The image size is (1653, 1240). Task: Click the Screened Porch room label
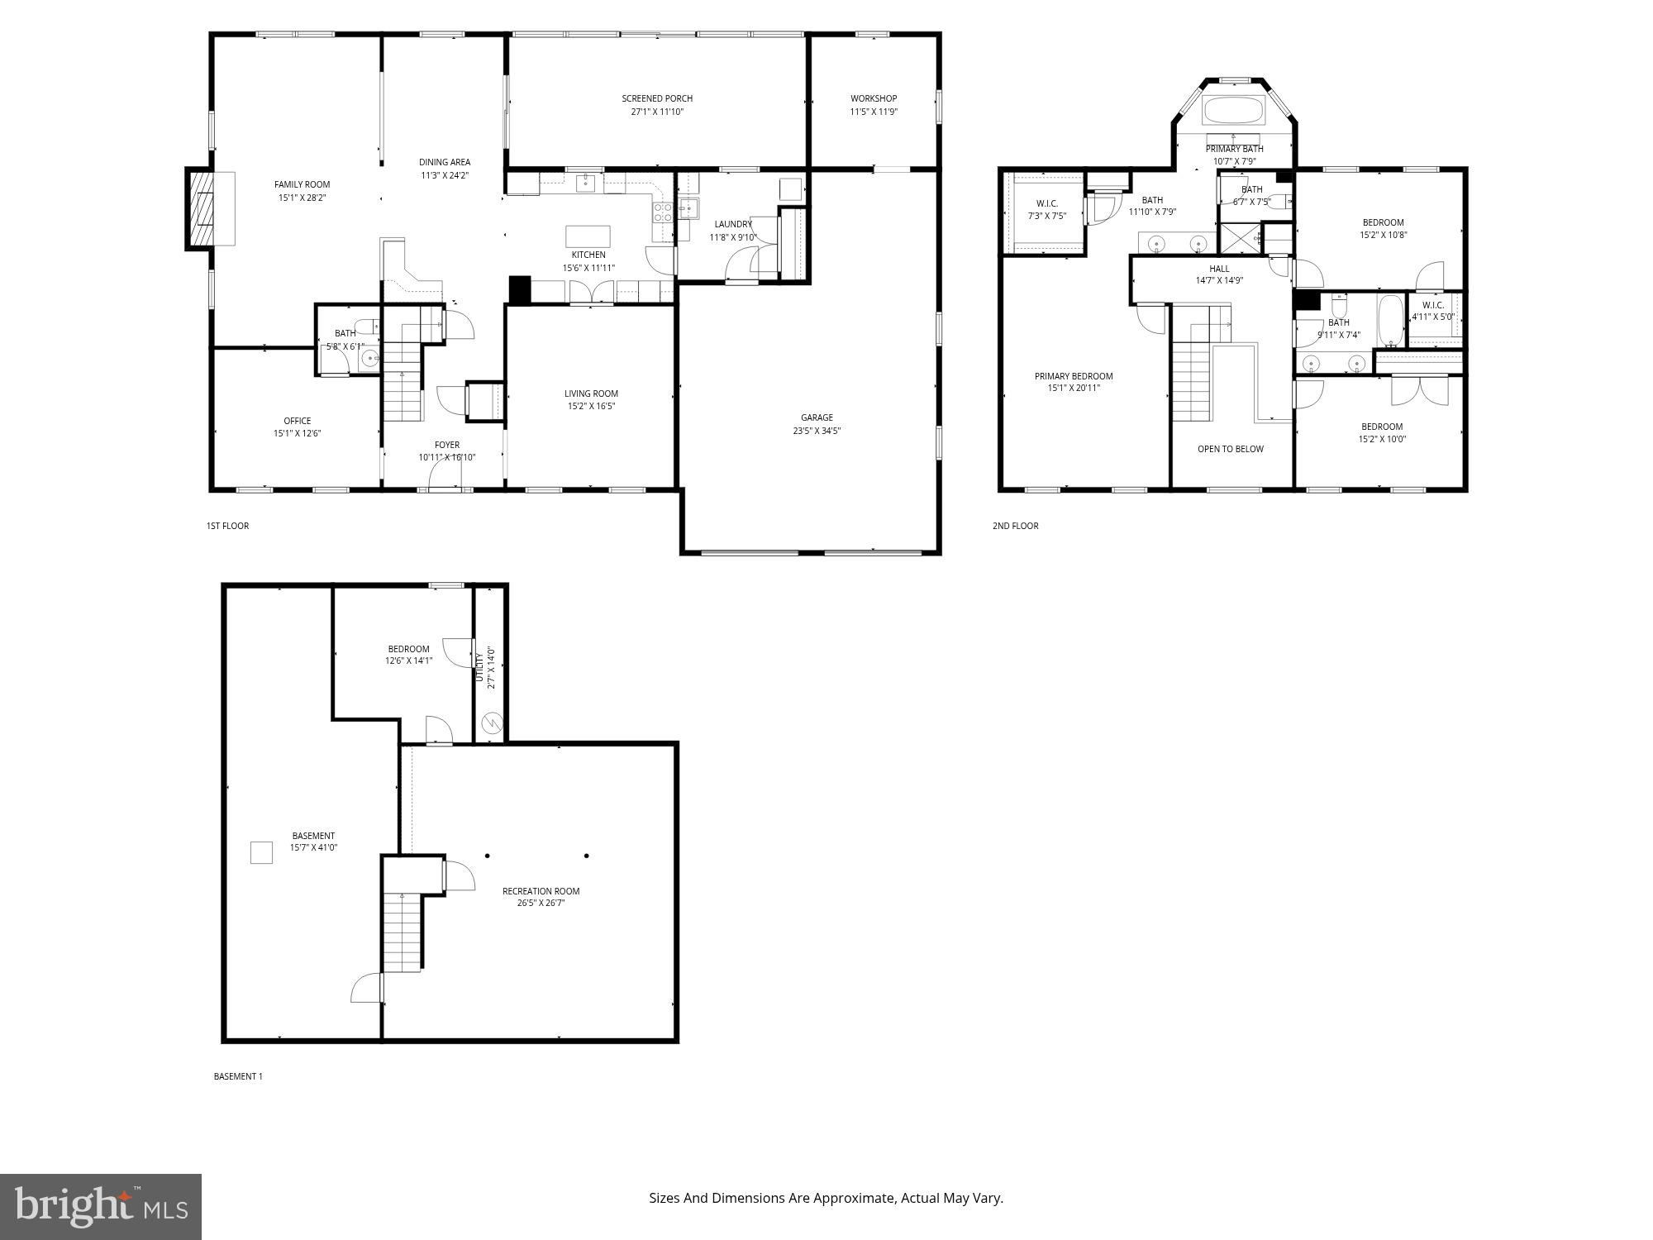657,99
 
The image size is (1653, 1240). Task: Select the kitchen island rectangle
588,236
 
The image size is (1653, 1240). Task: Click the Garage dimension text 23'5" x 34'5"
817,431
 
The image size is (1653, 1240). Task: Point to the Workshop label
874,99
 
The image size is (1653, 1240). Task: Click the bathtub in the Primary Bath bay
1233,111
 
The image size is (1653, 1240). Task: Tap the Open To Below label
1231,449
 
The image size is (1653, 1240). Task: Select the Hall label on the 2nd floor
1219,269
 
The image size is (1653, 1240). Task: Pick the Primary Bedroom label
1074,376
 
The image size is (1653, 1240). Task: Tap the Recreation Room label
541,891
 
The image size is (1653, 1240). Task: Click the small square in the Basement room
261,852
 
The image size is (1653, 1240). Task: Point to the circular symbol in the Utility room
491,723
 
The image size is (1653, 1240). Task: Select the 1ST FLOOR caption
227,526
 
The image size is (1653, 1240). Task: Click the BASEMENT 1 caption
238,1076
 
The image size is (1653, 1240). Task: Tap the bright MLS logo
101,1207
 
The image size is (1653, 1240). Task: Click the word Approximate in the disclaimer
855,1198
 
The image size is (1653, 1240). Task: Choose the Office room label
297,421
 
